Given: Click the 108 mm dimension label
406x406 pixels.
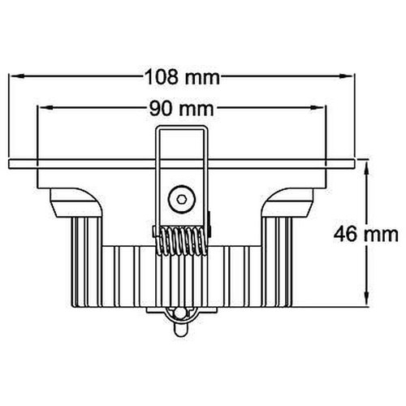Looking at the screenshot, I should (x=183, y=77).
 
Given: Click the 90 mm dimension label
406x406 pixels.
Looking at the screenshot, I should (x=183, y=107).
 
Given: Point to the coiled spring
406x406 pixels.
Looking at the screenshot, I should (x=182, y=240).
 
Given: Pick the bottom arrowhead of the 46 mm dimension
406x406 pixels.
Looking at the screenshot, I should (x=367, y=304).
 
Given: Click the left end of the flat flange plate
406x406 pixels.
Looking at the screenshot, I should (x=10, y=162).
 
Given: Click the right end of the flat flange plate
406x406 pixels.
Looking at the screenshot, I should (x=354, y=162).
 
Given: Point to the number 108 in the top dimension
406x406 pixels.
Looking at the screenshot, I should (x=160, y=77).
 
